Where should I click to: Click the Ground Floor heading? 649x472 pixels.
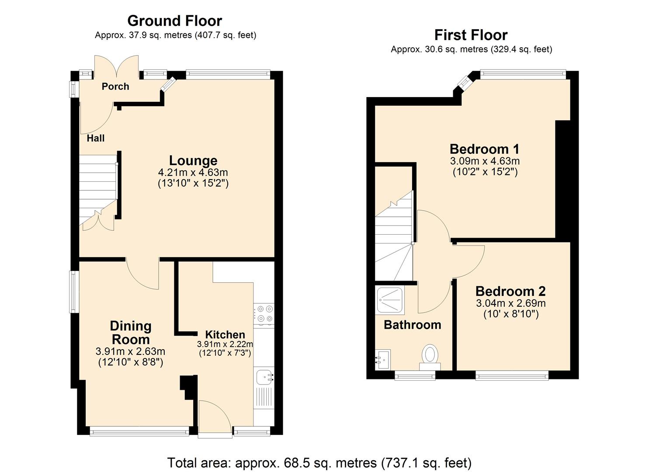[x=175, y=21]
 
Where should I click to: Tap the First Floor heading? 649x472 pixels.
[x=471, y=35]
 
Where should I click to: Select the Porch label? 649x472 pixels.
[x=115, y=87]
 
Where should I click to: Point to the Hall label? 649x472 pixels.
[x=96, y=138]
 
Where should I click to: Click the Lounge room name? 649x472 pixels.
[x=193, y=160]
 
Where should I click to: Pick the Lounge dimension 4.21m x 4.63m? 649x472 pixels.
[x=193, y=172]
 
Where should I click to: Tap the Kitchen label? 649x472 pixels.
[x=225, y=335]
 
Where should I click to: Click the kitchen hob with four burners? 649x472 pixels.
[x=264, y=314]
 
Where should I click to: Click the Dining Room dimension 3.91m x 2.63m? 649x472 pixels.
[x=130, y=351]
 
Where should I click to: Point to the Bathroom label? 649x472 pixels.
[x=412, y=325]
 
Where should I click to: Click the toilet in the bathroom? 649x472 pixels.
[x=430, y=357]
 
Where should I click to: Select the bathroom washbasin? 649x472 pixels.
[x=383, y=360]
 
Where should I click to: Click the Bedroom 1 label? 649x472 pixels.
[x=484, y=149]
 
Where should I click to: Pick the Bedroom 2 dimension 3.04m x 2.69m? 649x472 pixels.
[x=511, y=303]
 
